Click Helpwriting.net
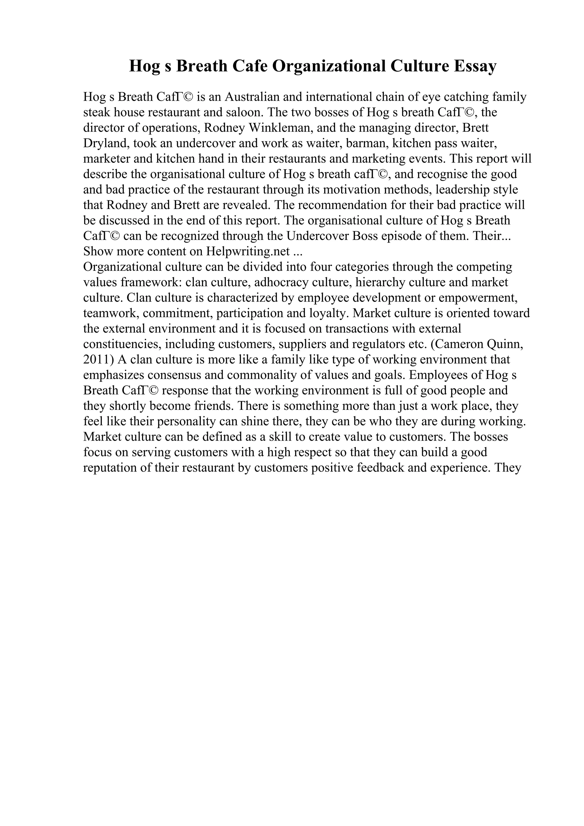tap(248, 251)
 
